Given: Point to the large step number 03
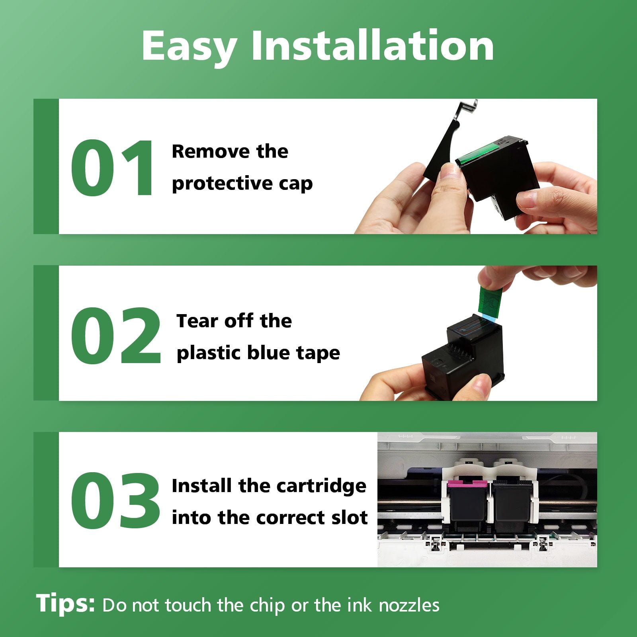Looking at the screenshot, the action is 115,501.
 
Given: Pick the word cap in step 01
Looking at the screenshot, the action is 295,184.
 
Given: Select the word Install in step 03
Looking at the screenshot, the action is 202,486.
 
